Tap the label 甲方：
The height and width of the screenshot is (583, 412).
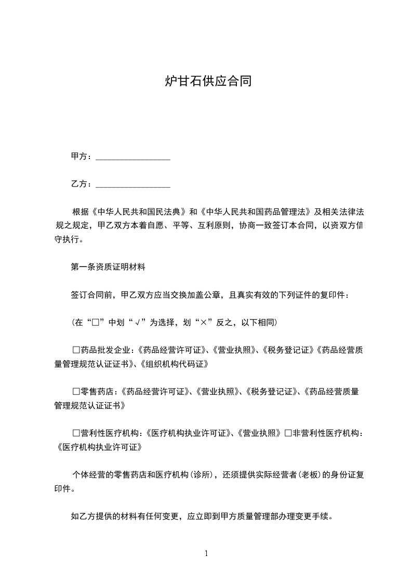coord(82,156)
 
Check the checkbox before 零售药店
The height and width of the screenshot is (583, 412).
coord(76,391)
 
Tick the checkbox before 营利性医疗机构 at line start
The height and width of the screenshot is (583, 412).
coord(76,433)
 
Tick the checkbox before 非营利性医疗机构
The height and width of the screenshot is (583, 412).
coord(288,433)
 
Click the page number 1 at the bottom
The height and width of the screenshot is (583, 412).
coord(206,553)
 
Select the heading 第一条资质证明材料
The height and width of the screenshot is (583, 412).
coord(108,268)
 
